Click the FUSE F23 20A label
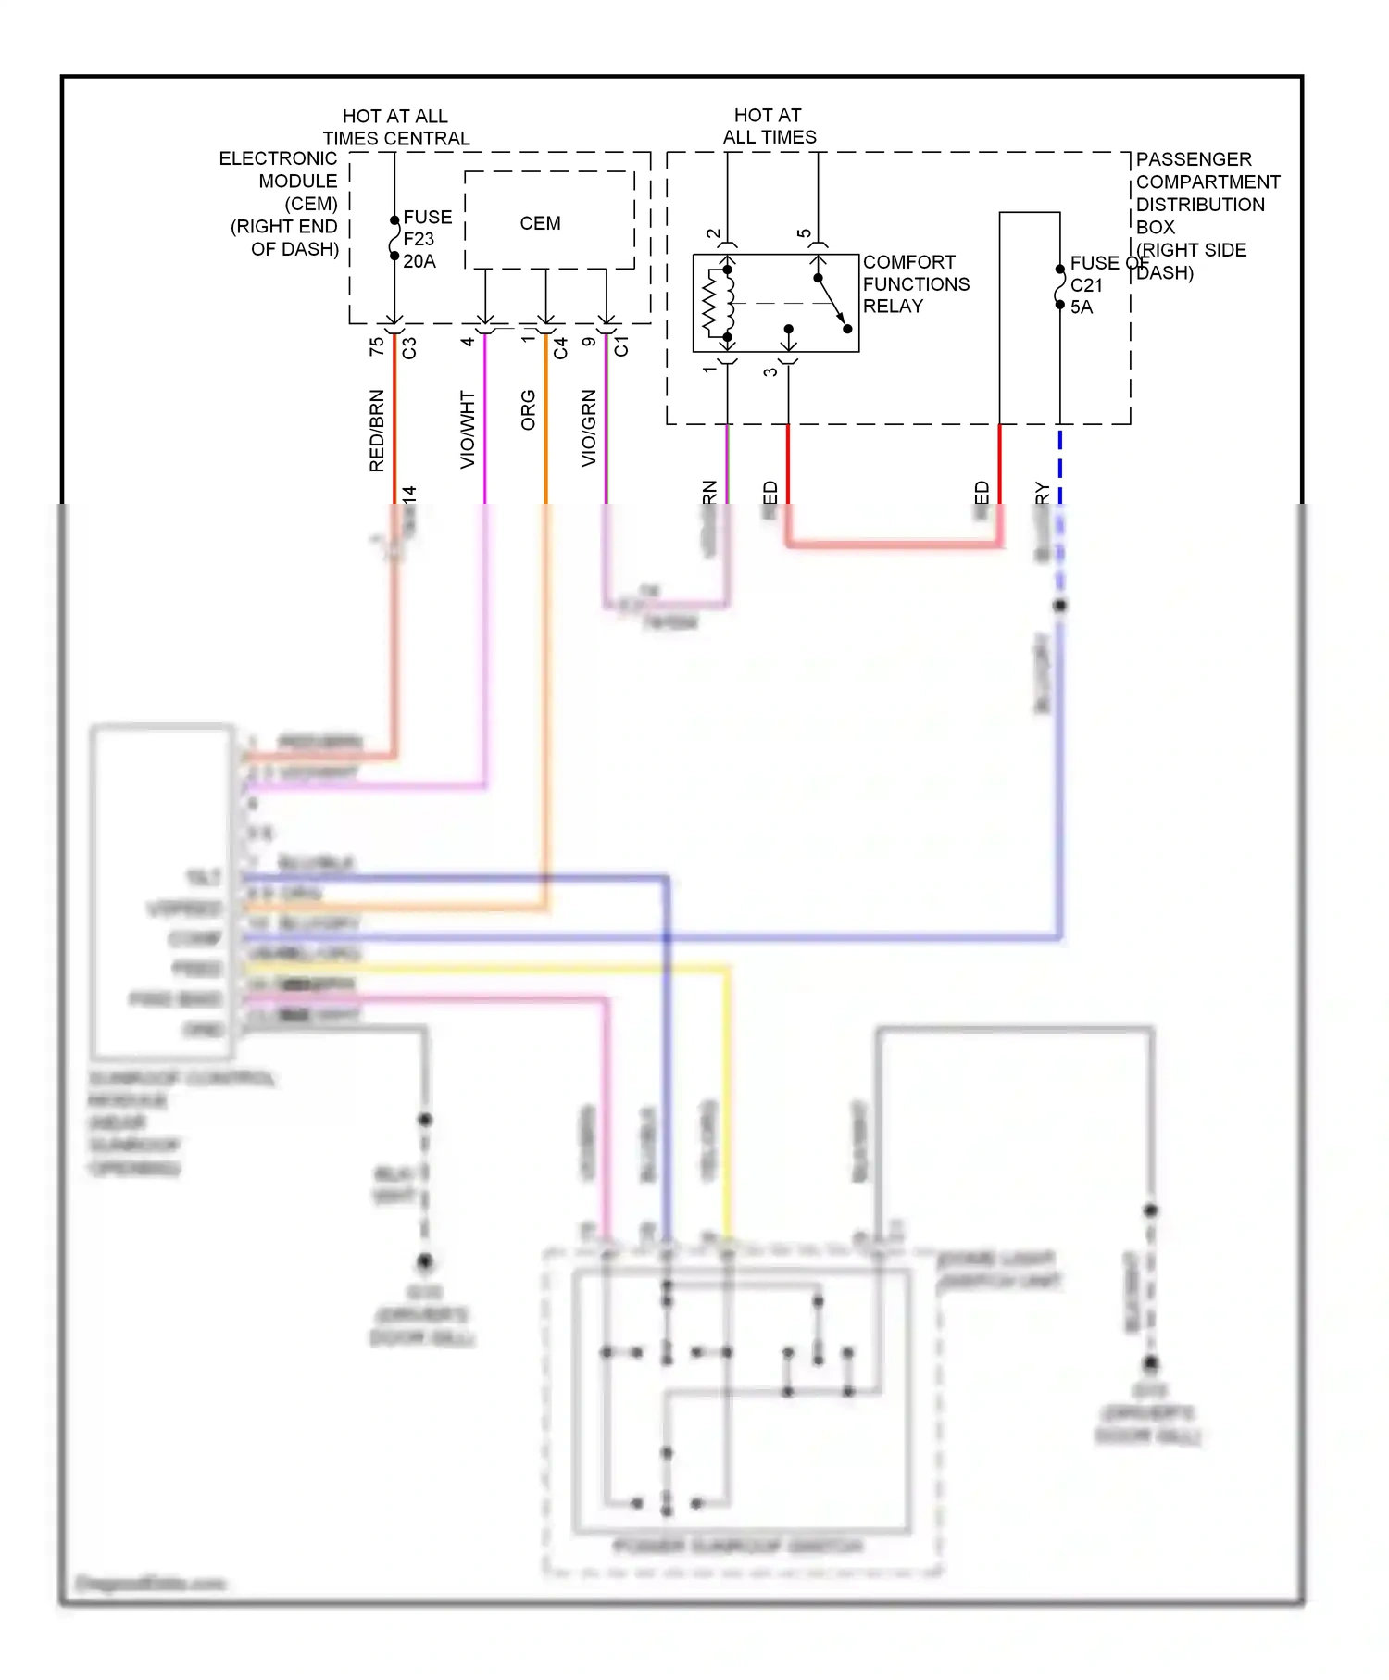click(x=426, y=239)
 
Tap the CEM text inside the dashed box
click(x=540, y=223)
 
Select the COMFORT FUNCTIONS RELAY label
click(x=915, y=283)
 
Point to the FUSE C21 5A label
click(x=1087, y=285)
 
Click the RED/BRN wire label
click(x=376, y=431)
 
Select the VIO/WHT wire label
click(x=468, y=429)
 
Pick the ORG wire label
click(x=528, y=409)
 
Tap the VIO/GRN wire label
click(x=589, y=428)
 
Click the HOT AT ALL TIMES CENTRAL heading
click(x=395, y=127)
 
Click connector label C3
click(x=409, y=347)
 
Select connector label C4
click(x=560, y=348)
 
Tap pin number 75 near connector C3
click(x=376, y=346)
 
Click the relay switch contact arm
click(x=832, y=303)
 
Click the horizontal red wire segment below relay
click(x=894, y=544)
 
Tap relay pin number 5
click(x=804, y=234)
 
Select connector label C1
click(x=620, y=346)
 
